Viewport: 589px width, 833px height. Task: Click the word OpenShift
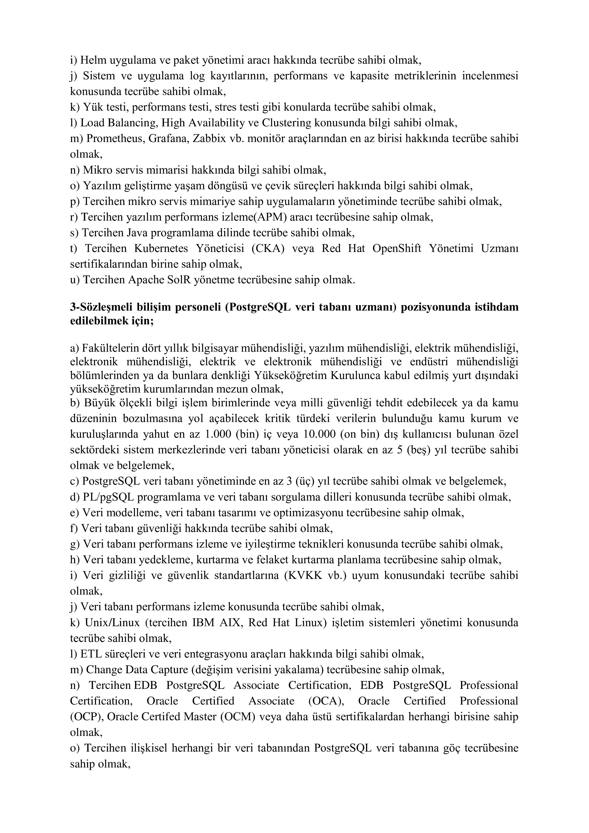pyautogui.click(x=396, y=249)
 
